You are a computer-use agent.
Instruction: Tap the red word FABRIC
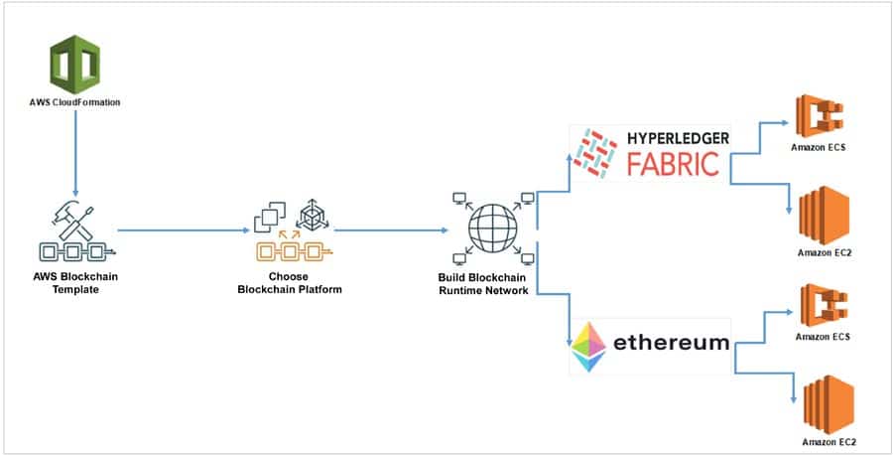[674, 164]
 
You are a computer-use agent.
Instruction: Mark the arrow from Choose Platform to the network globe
[387, 231]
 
